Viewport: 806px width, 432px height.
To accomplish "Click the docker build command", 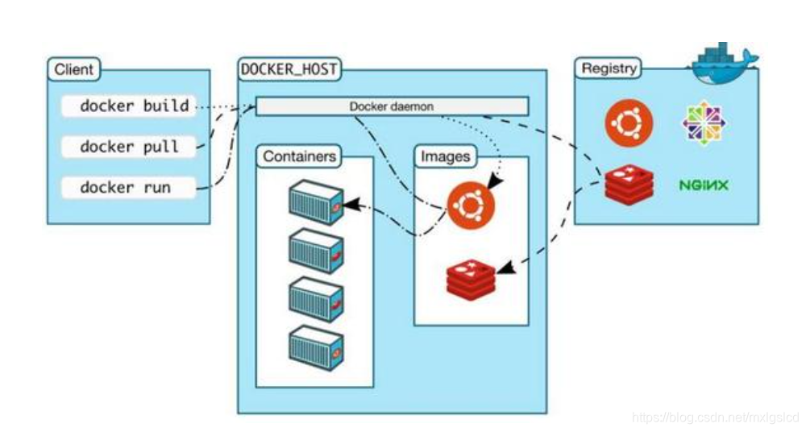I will pos(134,106).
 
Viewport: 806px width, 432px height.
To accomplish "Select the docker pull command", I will pos(129,147).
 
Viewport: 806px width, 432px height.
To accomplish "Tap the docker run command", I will pos(126,188).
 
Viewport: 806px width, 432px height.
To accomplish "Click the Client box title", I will pos(73,69).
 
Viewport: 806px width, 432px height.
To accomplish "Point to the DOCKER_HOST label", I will pos(289,70).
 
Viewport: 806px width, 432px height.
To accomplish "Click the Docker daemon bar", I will pos(392,106).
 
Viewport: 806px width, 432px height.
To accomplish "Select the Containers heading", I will pos(298,156).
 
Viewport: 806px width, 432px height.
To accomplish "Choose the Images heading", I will pos(445,156).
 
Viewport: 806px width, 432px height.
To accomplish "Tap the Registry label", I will pos(609,69).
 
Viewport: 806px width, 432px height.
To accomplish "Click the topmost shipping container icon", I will pos(316,203).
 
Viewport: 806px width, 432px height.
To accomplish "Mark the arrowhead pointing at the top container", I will pos(347,206).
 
